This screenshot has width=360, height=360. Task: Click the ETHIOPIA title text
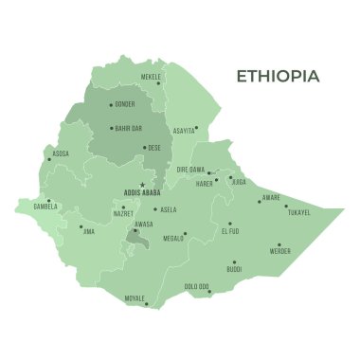pos(278,76)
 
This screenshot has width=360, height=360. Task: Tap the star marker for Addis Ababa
pos(142,185)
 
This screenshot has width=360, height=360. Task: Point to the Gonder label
pos(125,104)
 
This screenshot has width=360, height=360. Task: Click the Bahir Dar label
pos(128,126)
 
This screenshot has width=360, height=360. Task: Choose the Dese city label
pos(154,148)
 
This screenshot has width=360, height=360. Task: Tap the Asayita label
pos(184,130)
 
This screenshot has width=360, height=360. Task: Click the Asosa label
pos(61,153)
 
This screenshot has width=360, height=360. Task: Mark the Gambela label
pos(45,207)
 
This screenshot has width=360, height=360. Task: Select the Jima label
pos(89,230)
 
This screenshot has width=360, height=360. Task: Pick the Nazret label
pos(122,214)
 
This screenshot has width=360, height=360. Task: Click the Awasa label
pos(143,225)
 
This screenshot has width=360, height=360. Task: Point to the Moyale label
pos(135,297)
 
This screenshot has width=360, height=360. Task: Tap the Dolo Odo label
pos(196,286)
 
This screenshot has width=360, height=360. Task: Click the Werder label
pos(279,251)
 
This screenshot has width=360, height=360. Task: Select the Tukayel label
pos(297,212)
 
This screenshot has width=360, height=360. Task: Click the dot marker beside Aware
pos(259,200)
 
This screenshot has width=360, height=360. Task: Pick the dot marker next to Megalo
pos(185,233)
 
